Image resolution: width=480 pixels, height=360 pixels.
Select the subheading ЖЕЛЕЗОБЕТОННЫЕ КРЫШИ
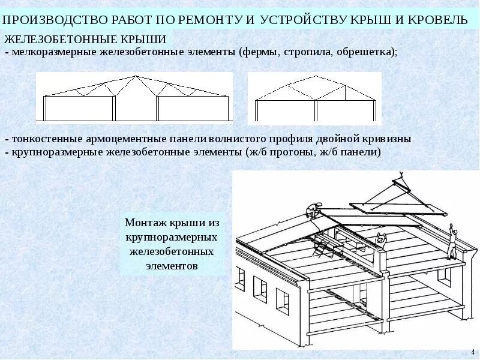(x=85, y=40)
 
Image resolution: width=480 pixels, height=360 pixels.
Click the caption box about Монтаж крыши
(x=173, y=244)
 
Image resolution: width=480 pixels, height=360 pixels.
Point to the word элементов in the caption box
(x=173, y=265)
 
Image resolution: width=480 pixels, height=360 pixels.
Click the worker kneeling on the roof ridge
(x=312, y=209)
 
